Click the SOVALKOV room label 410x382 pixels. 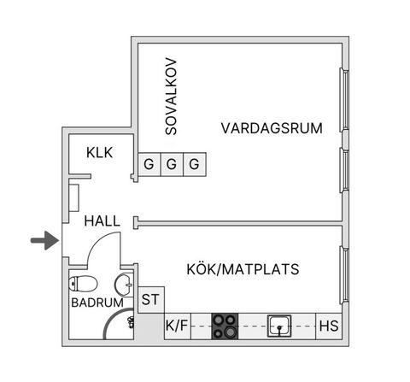(171, 96)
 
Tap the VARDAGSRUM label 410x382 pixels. (271, 129)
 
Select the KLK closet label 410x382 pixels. (100, 153)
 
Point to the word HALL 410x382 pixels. (102, 220)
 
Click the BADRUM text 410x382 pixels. (97, 303)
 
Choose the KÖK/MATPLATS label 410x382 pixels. (242, 269)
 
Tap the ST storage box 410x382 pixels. (150, 299)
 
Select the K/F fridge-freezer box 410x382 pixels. (177, 325)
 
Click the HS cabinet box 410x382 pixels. (328, 325)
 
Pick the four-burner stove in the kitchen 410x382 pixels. (225, 325)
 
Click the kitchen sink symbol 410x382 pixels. (280, 325)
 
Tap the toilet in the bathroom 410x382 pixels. (81, 284)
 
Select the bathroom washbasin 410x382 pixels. (125, 283)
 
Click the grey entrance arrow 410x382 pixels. (42, 242)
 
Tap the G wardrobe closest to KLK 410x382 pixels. (149, 163)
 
